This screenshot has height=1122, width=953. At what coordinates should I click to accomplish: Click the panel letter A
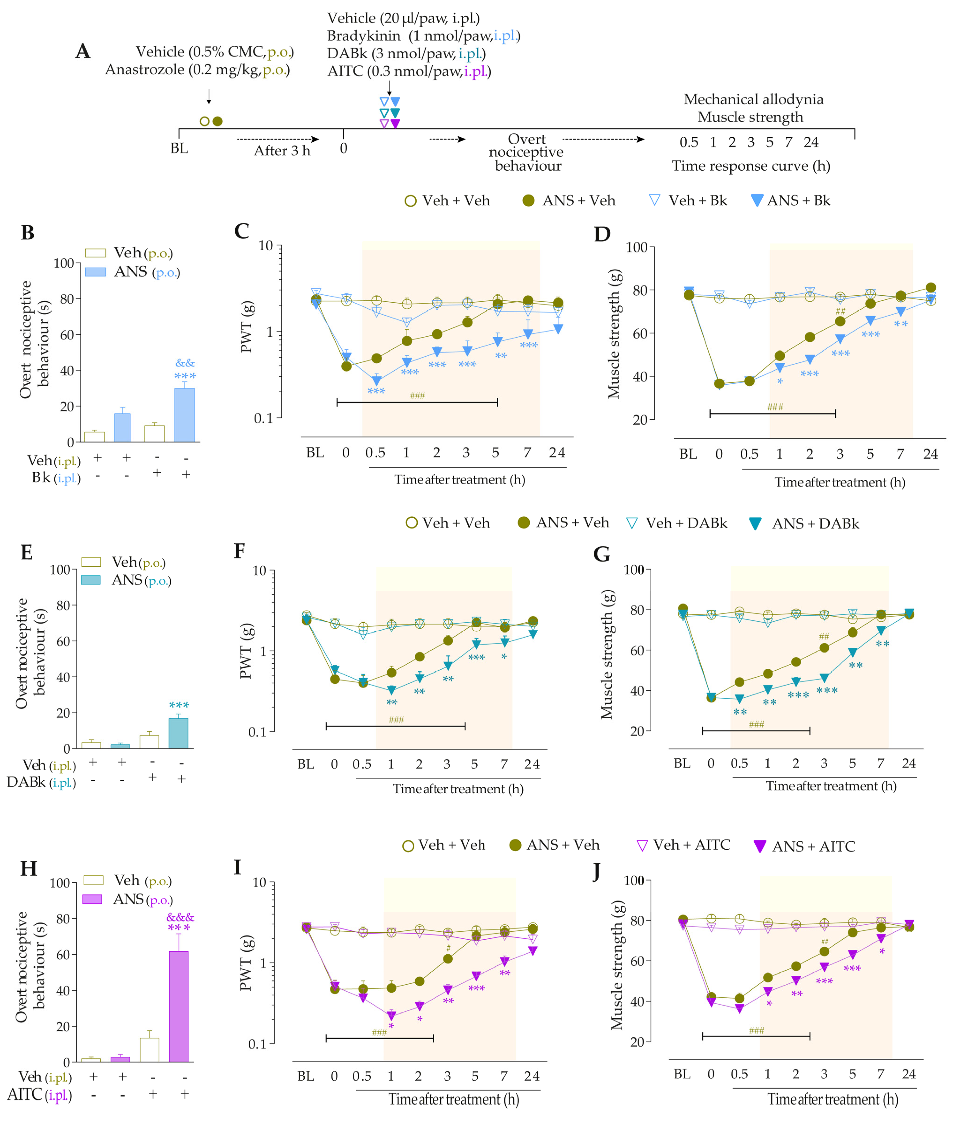tap(83, 52)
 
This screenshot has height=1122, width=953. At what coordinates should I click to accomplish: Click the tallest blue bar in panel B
tap(185, 415)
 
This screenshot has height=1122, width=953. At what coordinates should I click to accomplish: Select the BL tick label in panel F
tap(306, 764)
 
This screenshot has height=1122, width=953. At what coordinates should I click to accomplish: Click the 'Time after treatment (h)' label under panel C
tap(460, 480)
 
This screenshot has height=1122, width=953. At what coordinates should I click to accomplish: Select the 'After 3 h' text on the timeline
tap(282, 151)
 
